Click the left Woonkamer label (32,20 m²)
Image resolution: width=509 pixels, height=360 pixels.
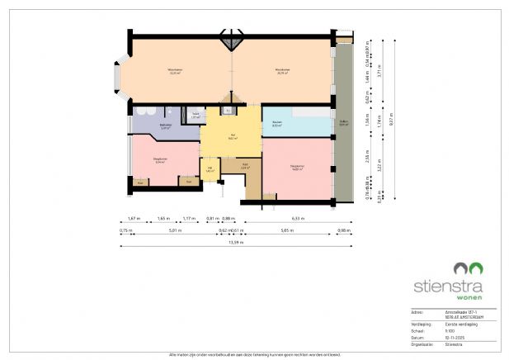pos(174,71)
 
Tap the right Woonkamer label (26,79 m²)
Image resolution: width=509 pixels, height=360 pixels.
pos(282,72)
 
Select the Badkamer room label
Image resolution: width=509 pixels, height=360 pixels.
pos(165,126)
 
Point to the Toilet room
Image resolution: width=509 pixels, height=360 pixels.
pos(196,116)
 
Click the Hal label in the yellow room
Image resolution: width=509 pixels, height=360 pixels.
pos(233,137)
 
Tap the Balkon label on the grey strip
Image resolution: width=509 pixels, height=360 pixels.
pos(343,125)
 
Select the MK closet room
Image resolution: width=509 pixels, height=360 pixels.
pos(210,170)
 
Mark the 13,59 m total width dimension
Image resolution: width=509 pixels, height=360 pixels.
pos(236,242)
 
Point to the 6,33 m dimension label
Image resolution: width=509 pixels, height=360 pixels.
pos(298,219)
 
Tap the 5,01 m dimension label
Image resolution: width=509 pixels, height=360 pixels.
pos(175,230)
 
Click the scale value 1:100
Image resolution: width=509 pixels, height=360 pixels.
pos(451,330)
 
